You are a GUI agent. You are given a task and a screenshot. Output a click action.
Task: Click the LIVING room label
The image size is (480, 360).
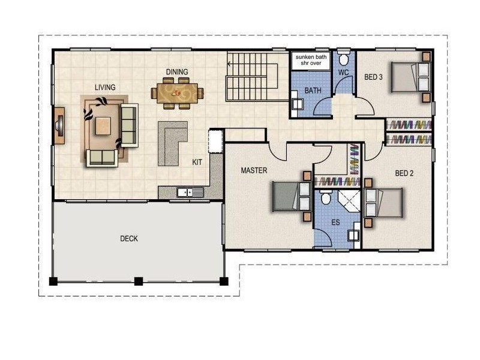click(105, 88)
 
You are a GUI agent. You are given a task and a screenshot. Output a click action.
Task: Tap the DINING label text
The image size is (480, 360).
click(177, 72)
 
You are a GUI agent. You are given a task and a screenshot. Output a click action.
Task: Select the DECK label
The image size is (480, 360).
click(129, 239)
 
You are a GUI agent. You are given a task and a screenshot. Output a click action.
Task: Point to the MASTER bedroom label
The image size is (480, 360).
click(254, 170)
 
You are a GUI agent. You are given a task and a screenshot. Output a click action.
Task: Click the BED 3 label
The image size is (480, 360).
click(374, 77)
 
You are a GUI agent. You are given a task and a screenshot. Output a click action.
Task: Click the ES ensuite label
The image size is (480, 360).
click(336, 222)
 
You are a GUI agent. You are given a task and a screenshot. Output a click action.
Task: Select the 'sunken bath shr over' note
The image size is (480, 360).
click(310, 60)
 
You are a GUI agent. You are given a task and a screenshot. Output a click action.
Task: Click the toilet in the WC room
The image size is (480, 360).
click(344, 60)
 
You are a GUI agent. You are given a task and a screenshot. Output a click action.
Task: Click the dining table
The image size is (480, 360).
click(177, 94)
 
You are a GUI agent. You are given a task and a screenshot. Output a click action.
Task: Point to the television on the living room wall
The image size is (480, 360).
click(59, 125)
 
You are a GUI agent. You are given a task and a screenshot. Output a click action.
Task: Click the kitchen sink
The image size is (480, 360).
click(185, 193)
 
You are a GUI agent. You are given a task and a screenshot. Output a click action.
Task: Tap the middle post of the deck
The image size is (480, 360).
click(139, 280)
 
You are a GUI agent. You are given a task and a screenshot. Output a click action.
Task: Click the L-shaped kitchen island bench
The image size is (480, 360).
click(172, 142)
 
